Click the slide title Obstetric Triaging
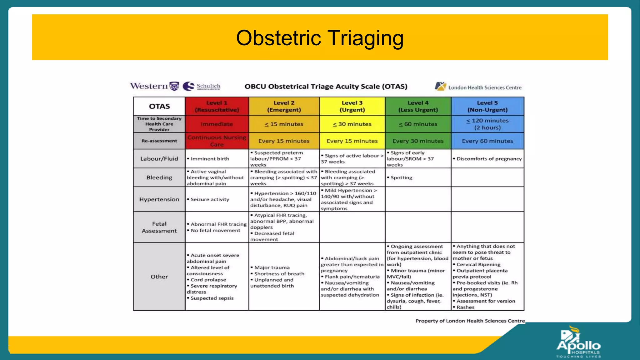(x=320, y=38)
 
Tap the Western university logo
(x=154, y=86)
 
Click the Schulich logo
(x=202, y=86)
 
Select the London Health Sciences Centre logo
(x=478, y=87)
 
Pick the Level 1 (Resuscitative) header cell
(x=217, y=106)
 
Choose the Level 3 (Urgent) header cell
(x=352, y=106)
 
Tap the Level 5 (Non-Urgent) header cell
(x=487, y=106)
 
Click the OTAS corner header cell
(x=159, y=106)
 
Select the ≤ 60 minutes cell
(x=418, y=124)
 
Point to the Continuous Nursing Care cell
(x=217, y=141)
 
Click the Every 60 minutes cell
(x=487, y=141)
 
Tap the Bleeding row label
(x=159, y=177)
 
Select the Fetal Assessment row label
(x=159, y=227)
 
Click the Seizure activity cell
(x=210, y=199)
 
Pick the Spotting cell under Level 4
(x=401, y=177)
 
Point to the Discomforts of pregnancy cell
(x=489, y=159)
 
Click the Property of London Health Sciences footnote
(x=470, y=321)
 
